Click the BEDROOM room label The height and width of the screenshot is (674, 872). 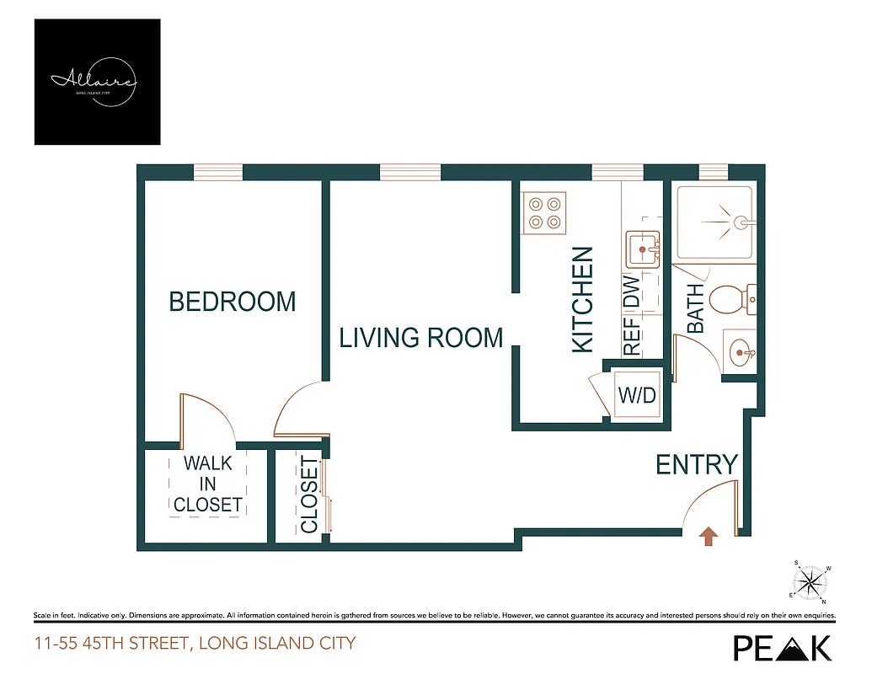(233, 302)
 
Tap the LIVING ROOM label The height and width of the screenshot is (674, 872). (420, 338)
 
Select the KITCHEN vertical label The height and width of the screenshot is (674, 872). (583, 299)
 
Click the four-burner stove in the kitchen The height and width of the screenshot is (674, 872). (544, 213)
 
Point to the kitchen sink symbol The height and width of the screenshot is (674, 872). (643, 250)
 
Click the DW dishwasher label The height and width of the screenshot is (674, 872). (632, 292)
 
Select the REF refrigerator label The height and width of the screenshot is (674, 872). (632, 335)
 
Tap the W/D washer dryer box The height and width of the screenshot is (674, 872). (637, 395)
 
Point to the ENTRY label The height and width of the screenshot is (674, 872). (697, 464)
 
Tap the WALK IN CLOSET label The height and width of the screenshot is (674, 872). (208, 484)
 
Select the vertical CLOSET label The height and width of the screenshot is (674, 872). (309, 495)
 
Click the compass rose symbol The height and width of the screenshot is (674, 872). (811, 581)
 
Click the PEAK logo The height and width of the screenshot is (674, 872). (783, 647)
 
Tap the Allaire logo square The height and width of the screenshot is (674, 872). (97, 82)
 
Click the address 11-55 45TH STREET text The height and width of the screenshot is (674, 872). (195, 645)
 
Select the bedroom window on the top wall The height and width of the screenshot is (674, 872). (217, 173)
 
